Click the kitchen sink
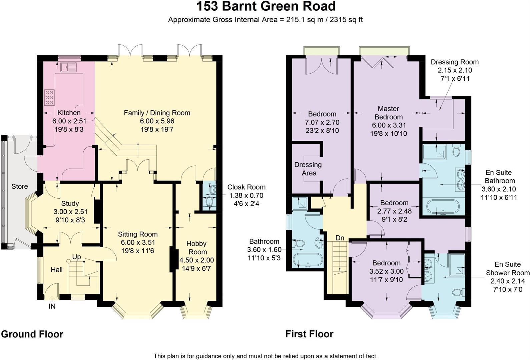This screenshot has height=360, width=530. point(68,67)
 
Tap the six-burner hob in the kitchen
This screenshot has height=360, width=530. point(49,97)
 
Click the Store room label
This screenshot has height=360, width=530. point(20,186)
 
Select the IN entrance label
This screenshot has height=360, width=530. point(52,306)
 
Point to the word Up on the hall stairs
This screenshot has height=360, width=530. point(76,257)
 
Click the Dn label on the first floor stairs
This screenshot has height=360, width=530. point(340,238)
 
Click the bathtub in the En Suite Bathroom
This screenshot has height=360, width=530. point(443,207)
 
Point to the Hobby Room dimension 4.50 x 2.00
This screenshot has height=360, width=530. point(196,260)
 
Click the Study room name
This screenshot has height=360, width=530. point(70,203)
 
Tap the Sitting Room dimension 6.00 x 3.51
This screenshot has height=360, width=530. point(138,242)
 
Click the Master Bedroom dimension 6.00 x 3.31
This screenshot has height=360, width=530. point(389,125)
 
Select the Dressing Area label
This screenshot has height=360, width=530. point(308,169)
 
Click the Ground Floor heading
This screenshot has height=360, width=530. point(32,334)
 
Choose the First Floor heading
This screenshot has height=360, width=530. point(309,334)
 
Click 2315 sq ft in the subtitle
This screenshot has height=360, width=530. point(346,20)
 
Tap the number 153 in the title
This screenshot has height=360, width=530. point(207,6)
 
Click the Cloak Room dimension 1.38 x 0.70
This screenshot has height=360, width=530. point(246,195)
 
